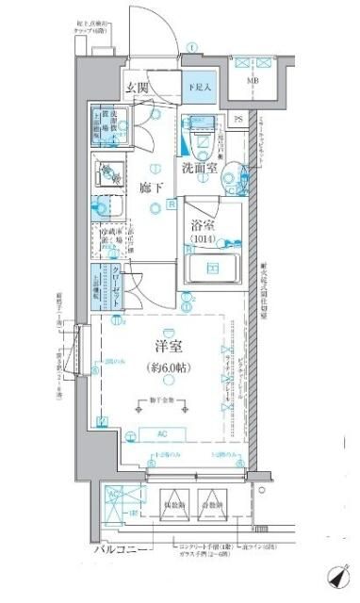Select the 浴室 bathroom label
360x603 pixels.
pyautogui.click(x=206, y=226)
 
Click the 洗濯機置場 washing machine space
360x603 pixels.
pyautogui.click(x=108, y=122)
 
